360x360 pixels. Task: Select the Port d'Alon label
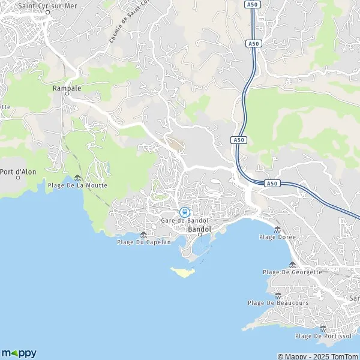[18, 172]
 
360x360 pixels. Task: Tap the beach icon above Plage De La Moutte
[77, 177]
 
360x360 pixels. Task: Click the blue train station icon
[185, 212]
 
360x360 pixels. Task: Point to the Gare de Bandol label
[185, 220]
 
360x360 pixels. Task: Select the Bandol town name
[199, 229]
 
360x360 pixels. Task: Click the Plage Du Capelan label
[143, 242]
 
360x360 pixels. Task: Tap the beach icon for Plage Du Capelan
[143, 234]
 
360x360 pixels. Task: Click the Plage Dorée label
[277, 237]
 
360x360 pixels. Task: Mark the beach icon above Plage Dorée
[277, 229]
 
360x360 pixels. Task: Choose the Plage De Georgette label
[292, 272]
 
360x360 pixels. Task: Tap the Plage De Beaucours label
[278, 303]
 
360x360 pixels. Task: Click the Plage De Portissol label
[323, 336]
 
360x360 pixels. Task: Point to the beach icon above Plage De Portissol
[323, 328]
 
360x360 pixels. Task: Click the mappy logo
[19, 352]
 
